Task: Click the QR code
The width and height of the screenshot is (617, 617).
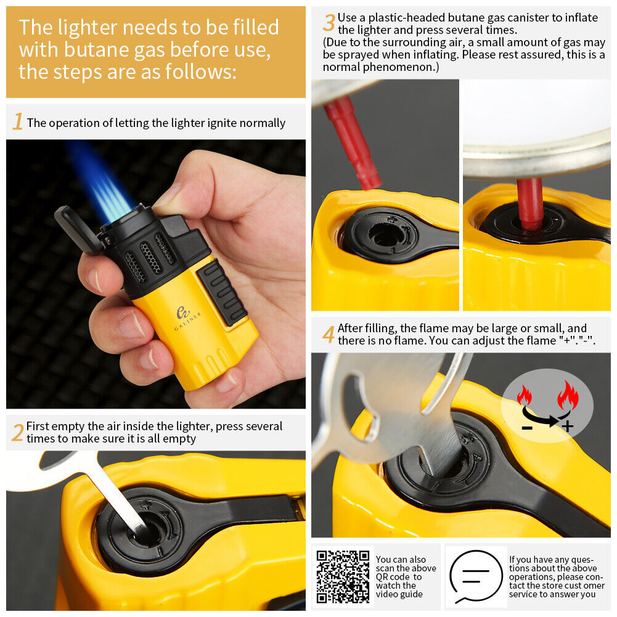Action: pyautogui.click(x=343, y=577)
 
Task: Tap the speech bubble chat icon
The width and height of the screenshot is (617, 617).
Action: pyautogui.click(x=476, y=577)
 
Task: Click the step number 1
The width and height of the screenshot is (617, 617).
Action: pyautogui.click(x=18, y=121)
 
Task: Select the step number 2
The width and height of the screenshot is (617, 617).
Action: pyautogui.click(x=17, y=433)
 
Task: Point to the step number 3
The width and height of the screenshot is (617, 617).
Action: pyautogui.click(x=329, y=22)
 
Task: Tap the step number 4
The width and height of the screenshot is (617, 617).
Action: pyautogui.click(x=329, y=334)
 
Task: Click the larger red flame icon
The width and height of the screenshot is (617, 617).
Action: pyautogui.click(x=568, y=396)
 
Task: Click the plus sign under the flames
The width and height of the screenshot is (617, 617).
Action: pyautogui.click(x=567, y=426)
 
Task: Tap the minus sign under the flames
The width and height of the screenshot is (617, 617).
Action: pyautogui.click(x=527, y=427)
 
